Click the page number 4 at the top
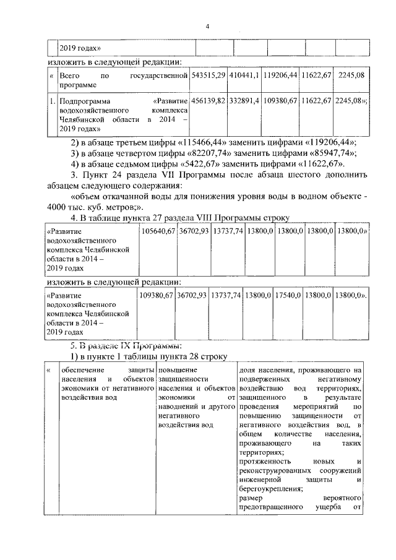pyautogui.click(x=208, y=26)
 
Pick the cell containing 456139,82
pyautogui.click(x=209, y=100)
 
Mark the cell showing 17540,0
pyautogui.click(x=287, y=296)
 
